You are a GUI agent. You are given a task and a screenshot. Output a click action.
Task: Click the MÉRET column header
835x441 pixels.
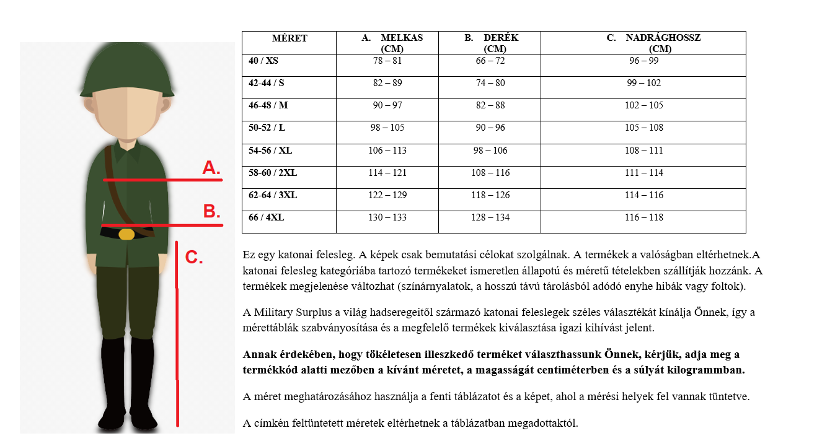pos(289,38)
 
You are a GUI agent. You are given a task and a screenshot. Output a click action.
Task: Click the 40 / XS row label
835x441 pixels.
pos(263,61)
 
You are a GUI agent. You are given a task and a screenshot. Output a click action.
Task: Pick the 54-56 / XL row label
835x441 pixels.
pos(270,151)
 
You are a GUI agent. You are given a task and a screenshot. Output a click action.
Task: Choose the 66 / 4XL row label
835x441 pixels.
pos(267,217)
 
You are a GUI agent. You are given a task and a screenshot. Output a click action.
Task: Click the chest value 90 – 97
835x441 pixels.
pos(387,105)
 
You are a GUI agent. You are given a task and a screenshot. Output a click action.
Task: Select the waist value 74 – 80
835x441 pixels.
pos(490,83)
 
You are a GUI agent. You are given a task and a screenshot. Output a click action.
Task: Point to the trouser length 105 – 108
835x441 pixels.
pos(644,128)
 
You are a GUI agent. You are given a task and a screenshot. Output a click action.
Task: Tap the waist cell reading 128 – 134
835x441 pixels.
pos(490,217)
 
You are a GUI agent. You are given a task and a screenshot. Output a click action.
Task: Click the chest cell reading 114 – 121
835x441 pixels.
pos(387,173)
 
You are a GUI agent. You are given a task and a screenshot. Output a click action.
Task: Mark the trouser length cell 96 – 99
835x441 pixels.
pos(644,61)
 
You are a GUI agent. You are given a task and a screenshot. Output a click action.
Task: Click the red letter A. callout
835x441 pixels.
pos(211,168)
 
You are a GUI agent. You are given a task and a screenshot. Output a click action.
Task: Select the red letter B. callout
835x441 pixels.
pos(211,212)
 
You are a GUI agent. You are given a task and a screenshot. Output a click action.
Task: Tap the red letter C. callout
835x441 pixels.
pos(194,257)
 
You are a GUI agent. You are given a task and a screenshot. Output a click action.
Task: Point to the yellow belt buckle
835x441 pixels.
pos(126,234)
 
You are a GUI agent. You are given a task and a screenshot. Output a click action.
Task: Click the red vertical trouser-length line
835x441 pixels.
pos(177,334)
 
